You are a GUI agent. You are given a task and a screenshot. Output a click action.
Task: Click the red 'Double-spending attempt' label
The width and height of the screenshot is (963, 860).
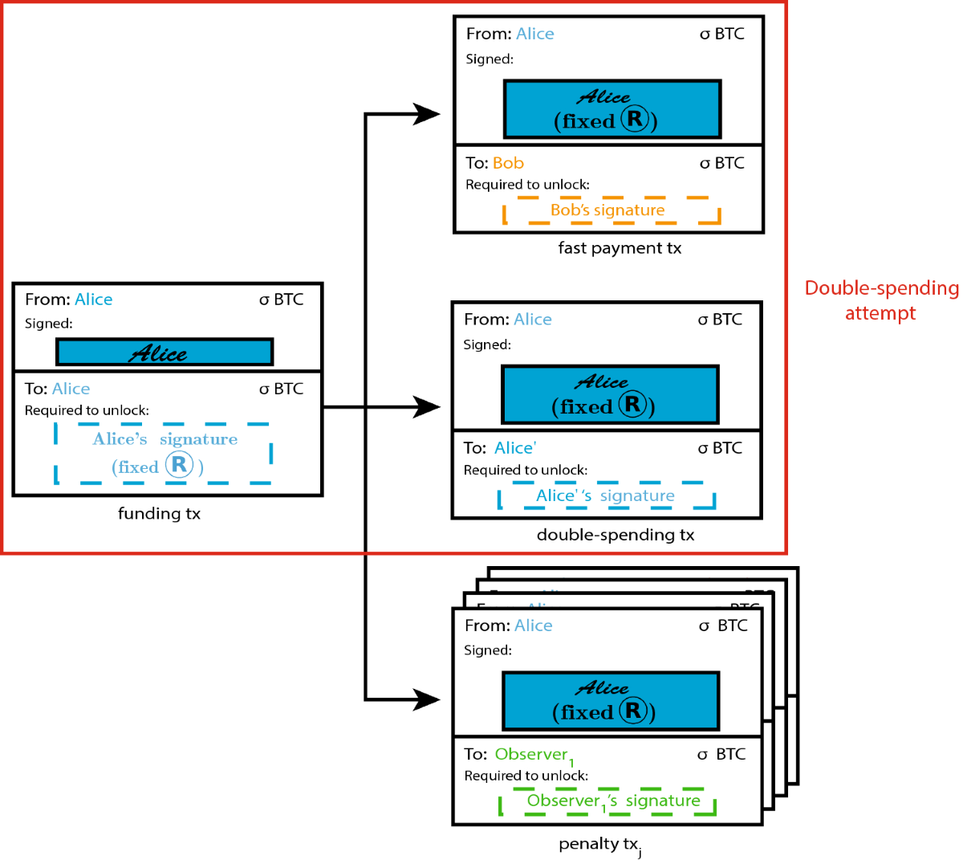point(881,300)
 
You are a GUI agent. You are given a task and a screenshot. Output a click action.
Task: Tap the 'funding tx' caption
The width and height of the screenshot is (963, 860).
point(159,514)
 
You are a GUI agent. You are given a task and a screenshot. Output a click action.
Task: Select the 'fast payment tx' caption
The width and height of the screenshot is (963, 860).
point(620,248)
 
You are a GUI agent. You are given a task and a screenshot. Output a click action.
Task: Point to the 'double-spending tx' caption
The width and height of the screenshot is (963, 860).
point(616,535)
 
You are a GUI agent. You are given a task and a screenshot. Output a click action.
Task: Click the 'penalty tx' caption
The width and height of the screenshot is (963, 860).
point(599,844)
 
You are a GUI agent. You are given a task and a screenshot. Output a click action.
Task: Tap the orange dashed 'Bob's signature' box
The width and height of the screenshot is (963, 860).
point(612,210)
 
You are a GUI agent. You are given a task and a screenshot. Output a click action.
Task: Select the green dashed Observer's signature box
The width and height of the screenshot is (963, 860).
point(607,801)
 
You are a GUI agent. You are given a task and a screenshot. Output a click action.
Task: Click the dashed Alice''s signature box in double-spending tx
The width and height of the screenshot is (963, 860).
point(607,496)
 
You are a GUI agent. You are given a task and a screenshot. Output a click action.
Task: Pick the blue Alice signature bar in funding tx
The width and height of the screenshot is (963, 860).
point(165,352)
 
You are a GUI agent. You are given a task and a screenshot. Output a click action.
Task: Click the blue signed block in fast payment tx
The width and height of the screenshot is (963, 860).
point(612,109)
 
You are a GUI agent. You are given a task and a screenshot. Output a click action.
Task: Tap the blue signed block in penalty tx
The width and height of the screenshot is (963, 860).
point(610,701)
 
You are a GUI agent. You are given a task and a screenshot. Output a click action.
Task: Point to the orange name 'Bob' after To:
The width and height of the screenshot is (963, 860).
point(508,163)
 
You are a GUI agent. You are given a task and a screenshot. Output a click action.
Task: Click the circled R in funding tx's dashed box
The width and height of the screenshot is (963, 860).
point(179,465)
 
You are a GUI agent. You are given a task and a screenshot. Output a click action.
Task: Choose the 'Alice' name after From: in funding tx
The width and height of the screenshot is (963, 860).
point(93,300)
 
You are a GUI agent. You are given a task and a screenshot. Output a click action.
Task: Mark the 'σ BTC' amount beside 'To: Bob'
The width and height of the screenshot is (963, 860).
point(721,163)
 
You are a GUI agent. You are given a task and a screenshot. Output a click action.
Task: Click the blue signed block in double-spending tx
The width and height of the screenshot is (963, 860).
point(610,395)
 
